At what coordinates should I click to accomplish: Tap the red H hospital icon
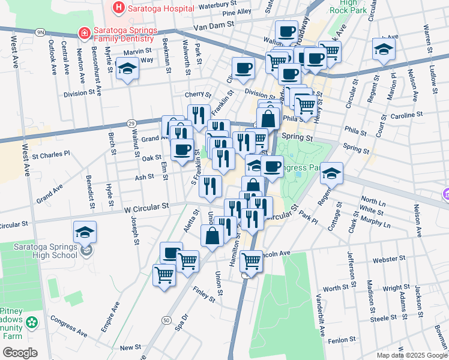118,8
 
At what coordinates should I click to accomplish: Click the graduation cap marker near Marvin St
127,70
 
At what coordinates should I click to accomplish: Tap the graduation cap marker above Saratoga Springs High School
85,232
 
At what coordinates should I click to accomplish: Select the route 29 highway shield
131,123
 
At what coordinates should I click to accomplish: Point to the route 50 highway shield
166,321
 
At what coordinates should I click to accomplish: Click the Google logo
20,353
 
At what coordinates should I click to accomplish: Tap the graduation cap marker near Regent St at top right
384,49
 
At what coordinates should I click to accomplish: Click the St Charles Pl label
51,153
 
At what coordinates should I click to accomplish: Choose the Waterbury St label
215,5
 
